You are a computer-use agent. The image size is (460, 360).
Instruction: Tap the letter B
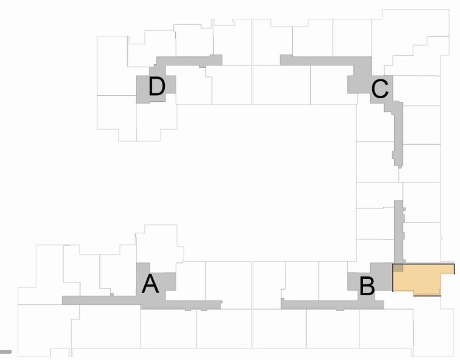pyautogui.click(x=367, y=286)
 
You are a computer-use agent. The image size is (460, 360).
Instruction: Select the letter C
pyautogui.click(x=380, y=89)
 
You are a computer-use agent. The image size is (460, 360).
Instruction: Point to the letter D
pyautogui.click(x=157, y=86)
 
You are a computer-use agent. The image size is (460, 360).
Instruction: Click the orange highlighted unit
pyautogui.click(x=420, y=279)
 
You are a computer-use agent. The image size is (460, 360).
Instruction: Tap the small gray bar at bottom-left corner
pyautogui.click(x=5, y=352)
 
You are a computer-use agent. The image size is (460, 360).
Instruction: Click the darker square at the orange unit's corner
pyautogui.click(x=398, y=268)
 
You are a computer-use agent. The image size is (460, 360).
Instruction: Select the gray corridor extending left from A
pyautogui.click(x=99, y=300)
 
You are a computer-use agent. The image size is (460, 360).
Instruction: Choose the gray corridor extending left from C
pyautogui.click(x=317, y=61)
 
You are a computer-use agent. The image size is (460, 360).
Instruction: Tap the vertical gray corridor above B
pyautogui.click(x=399, y=232)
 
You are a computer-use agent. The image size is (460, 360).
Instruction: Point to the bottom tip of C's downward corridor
pyautogui.click(x=400, y=168)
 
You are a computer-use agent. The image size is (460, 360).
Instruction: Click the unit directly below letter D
pyautogui.click(x=156, y=122)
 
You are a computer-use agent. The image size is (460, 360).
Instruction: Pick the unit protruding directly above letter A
pyautogui.click(x=158, y=244)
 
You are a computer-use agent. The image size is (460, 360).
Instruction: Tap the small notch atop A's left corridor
pyautogui.click(x=112, y=295)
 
